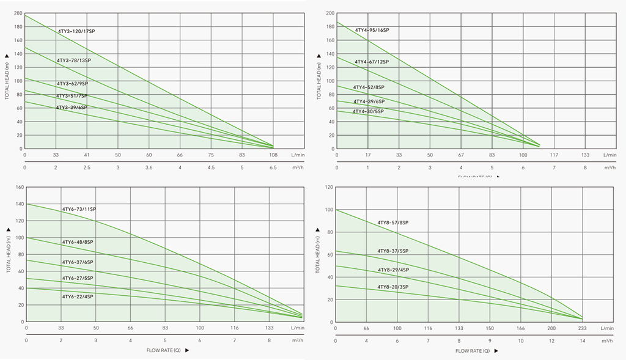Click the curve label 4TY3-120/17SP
pyautogui.click(x=76, y=31)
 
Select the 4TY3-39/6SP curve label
pyautogui.click(x=72, y=108)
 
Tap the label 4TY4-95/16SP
pyautogui.click(x=372, y=30)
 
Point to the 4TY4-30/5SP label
pyautogui.click(x=368, y=111)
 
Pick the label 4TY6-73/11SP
pyautogui.click(x=79, y=209)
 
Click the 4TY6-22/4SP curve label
pyautogui.click(x=78, y=296)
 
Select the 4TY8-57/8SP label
pyautogui.click(x=392, y=222)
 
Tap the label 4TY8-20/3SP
pyautogui.click(x=392, y=287)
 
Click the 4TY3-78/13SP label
pyautogui.click(x=73, y=61)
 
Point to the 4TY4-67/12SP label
pyautogui.click(x=372, y=62)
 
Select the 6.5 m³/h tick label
pyautogui.click(x=273, y=167)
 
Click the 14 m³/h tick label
pyautogui.click(x=582, y=340)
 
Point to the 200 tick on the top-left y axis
pyautogui.click(x=18, y=13)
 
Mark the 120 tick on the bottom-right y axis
pyautogui.click(x=329, y=187)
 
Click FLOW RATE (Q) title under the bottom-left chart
pyautogui.click(x=163, y=350)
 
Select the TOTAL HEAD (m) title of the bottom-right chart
pyautogui.click(x=318, y=257)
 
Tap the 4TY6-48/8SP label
pyautogui.click(x=78, y=242)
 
